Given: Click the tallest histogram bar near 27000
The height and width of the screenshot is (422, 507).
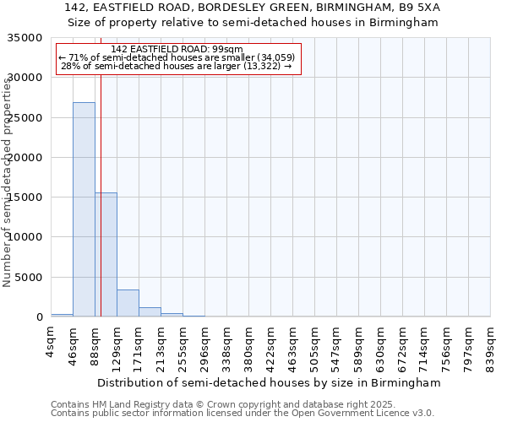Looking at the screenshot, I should [x=84, y=209].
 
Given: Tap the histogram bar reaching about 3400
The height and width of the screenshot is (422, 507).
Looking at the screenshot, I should [x=128, y=303].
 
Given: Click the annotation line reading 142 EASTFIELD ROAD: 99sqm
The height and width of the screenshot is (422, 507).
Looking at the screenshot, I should [x=177, y=49].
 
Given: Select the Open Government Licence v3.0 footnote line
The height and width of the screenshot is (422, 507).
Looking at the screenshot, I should [x=242, y=414].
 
